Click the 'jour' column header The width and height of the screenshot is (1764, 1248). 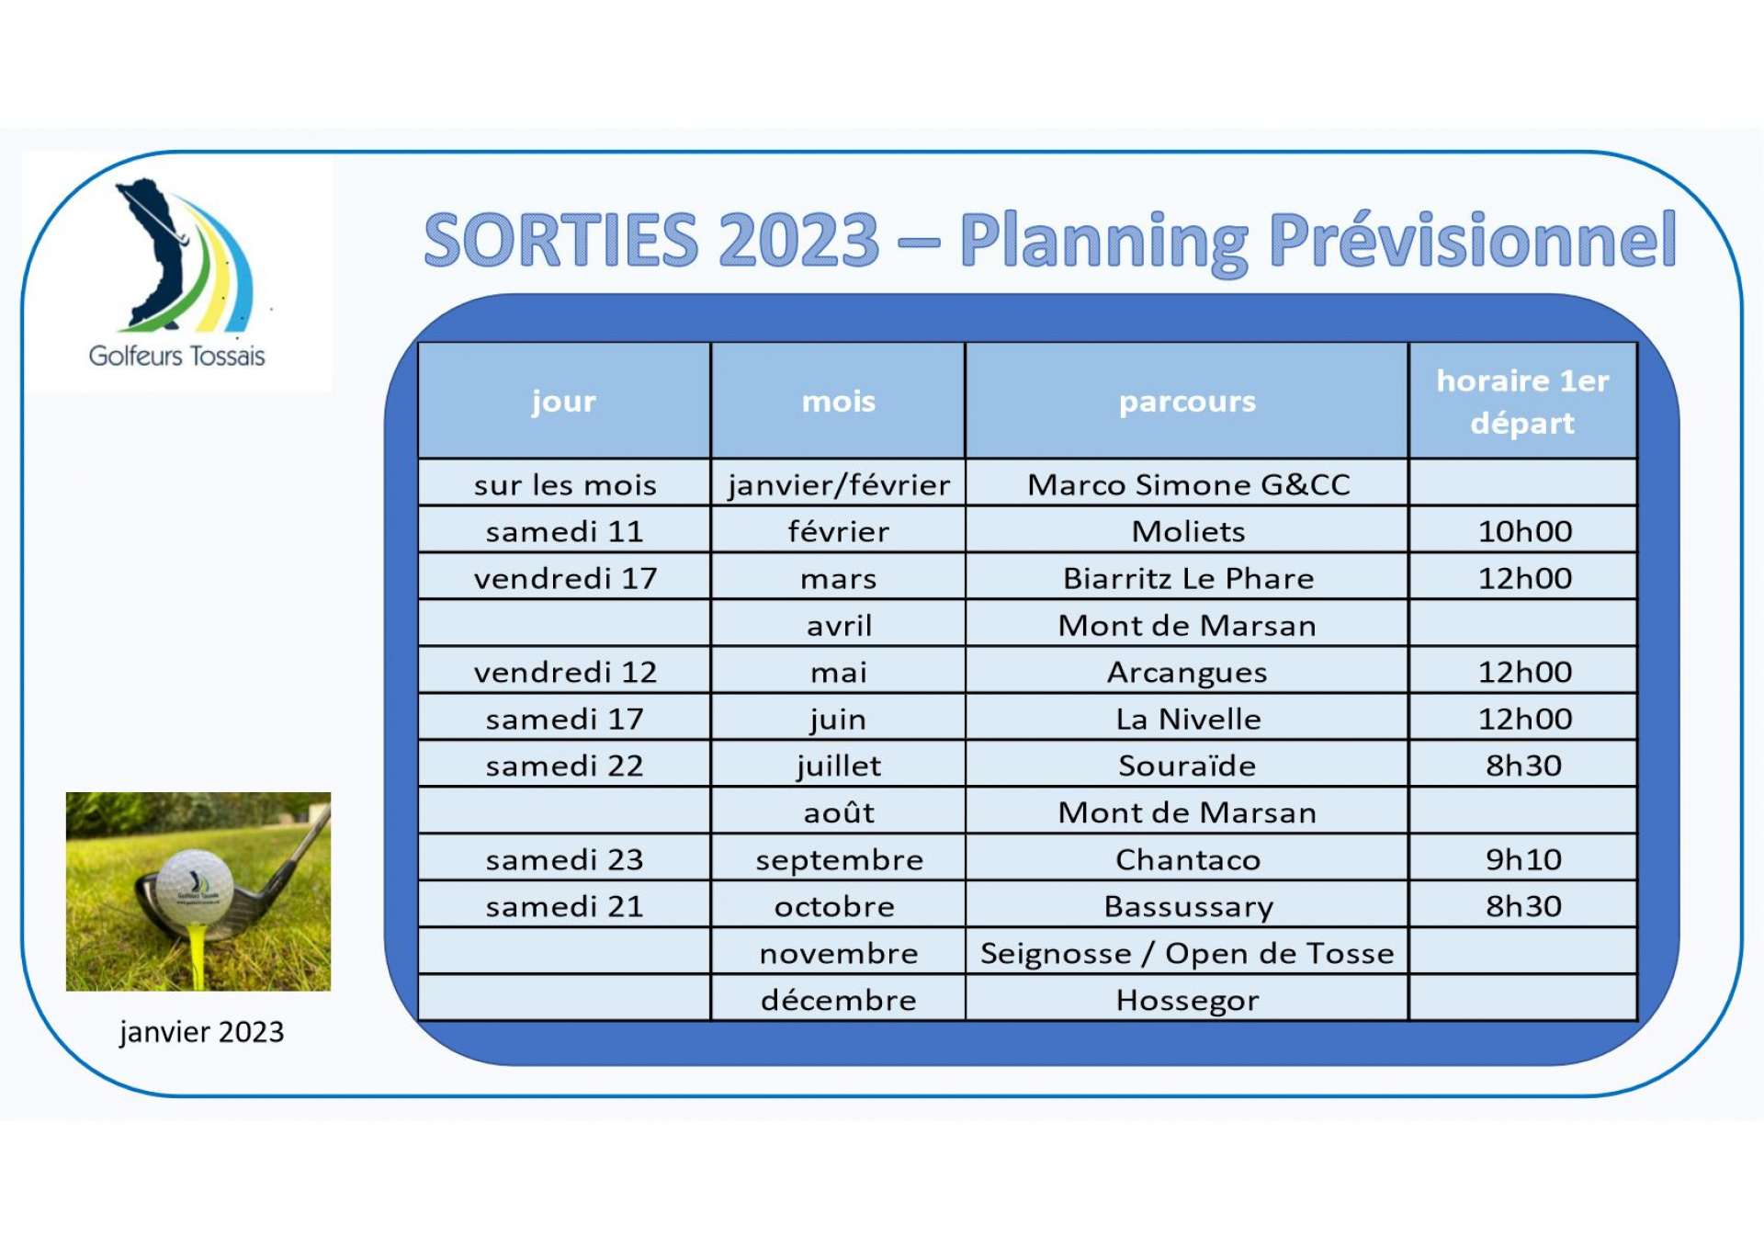[x=563, y=402]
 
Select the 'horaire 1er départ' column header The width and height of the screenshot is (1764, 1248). [x=1522, y=402]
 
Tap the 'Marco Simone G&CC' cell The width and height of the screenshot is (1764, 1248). [x=1187, y=483]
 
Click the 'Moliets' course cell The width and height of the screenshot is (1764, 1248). [x=1187, y=530]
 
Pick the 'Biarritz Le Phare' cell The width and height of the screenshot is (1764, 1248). [x=1187, y=577]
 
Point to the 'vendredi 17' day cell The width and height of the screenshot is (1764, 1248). [x=565, y=577]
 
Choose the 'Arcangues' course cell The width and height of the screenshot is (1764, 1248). [x=1187, y=671]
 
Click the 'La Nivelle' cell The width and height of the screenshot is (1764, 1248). [x=1187, y=718]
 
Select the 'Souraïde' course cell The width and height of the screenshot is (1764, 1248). [x=1187, y=765]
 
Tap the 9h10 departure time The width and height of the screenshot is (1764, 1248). [x=1523, y=858]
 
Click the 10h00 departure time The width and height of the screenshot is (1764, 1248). [x=1523, y=530]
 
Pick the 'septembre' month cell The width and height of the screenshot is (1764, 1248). [x=839, y=858]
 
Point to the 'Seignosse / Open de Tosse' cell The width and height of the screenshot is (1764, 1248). [x=1187, y=952]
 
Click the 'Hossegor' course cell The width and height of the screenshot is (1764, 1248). [x=1187, y=999]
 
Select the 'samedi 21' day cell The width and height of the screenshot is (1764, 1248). [x=565, y=905]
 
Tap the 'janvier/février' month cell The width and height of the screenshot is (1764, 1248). [x=839, y=483]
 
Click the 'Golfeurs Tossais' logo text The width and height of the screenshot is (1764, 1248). [x=176, y=356]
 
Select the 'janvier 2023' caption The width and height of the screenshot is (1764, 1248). [x=201, y=1032]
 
